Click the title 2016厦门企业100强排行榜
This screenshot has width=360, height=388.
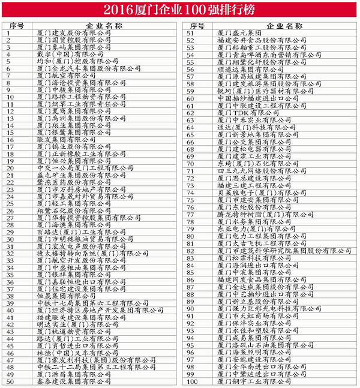coord(180,10)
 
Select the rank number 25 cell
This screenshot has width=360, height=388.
coord(10,203)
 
